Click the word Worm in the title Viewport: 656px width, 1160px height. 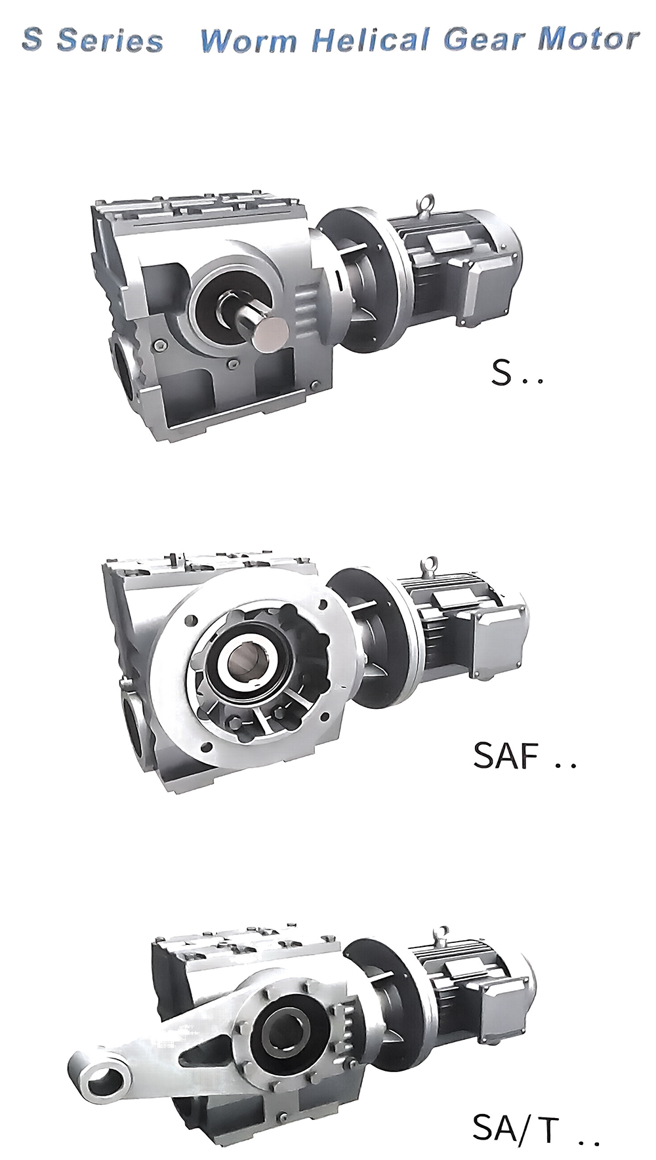248,41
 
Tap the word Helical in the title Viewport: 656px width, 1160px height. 371,40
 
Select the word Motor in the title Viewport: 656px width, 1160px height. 588,39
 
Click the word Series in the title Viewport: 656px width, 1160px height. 110,41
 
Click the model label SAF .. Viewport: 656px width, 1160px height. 506,755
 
